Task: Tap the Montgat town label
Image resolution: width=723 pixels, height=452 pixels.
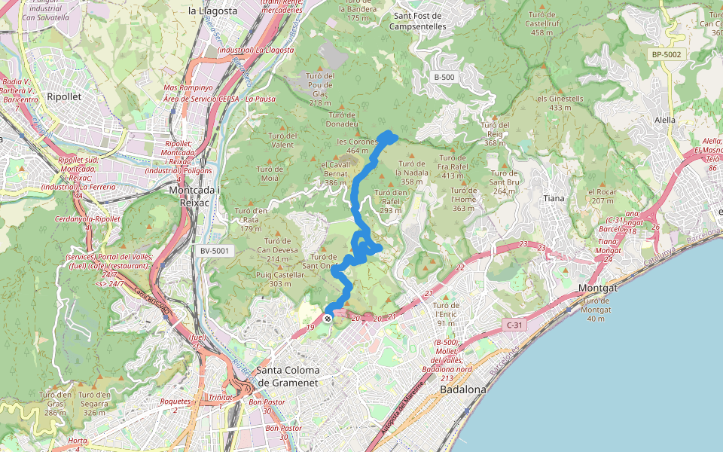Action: coord(598,289)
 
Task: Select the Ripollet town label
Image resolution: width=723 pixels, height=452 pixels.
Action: coord(63,97)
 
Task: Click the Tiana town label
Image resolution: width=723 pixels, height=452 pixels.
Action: coord(554,198)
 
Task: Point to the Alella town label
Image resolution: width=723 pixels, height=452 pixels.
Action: coord(665,120)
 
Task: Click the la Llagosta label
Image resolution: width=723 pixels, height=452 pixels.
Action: coord(212,11)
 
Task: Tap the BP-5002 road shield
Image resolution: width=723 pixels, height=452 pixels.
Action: coord(666,54)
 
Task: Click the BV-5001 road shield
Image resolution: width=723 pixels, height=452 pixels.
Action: coord(217,251)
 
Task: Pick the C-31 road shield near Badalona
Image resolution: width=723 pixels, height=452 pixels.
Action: coord(514,325)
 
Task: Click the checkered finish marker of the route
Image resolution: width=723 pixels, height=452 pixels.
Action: coord(328,319)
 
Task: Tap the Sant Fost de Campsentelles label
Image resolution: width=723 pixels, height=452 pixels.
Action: coord(418,21)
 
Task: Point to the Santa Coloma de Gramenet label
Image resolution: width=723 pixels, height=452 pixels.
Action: coord(288,376)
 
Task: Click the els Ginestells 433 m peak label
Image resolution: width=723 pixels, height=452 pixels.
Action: coord(560,103)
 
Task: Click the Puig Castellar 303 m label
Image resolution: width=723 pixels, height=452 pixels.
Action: coord(280,279)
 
